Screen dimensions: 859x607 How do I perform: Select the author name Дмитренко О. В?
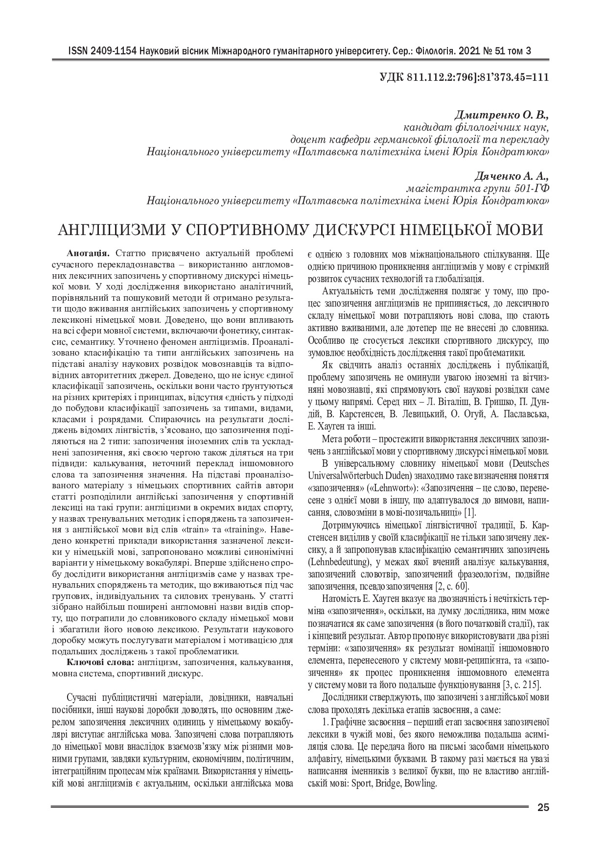502,116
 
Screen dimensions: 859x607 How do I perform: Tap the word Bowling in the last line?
420,783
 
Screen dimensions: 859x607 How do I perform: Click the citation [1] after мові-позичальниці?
470,513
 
